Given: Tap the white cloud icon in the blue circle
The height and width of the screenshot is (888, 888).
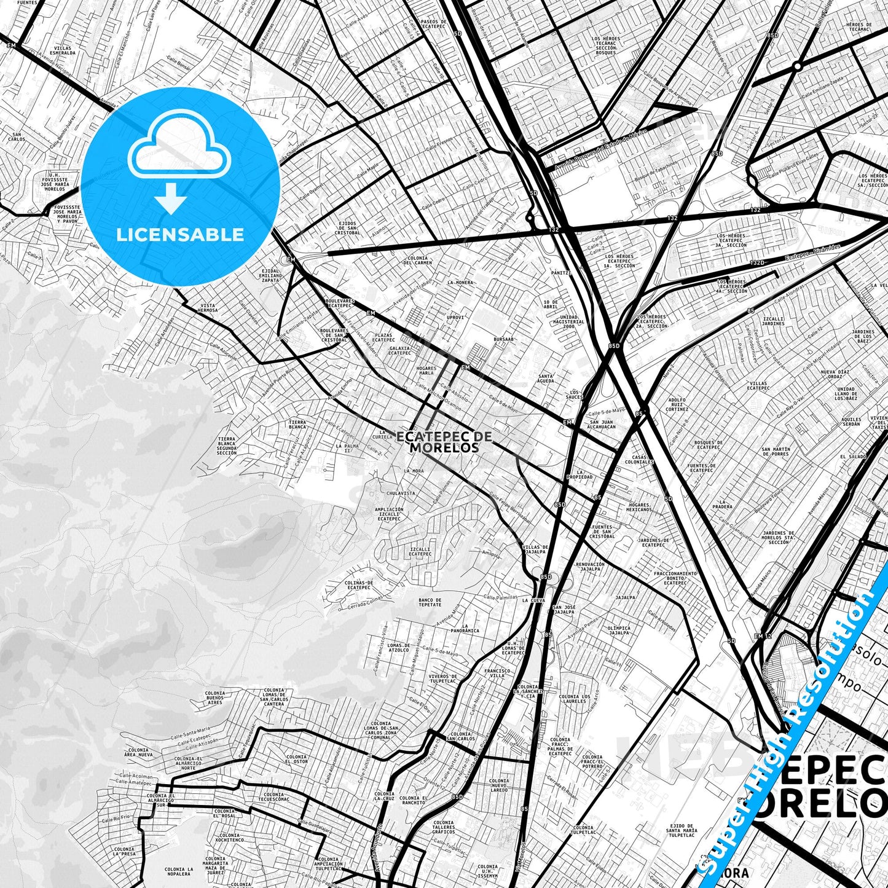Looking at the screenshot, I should (x=179, y=150).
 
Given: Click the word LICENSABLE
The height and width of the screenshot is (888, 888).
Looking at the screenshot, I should (x=180, y=234).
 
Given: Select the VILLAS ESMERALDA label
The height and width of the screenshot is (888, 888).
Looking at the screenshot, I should (x=64, y=50).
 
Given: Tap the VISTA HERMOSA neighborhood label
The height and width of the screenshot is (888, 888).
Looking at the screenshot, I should (x=208, y=308).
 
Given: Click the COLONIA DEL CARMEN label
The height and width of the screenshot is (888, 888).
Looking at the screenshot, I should (x=417, y=260).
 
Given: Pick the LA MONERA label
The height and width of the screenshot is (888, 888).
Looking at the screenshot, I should (x=460, y=283).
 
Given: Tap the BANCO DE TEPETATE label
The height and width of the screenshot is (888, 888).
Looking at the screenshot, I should (x=430, y=602).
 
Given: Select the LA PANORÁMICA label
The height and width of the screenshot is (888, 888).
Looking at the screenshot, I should (x=465, y=629).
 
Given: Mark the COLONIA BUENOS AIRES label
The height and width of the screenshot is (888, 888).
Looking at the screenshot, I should (x=215, y=697).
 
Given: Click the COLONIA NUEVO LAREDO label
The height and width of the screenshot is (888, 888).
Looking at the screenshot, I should (x=499, y=785).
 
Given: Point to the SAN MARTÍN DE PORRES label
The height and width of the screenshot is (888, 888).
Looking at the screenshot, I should (x=776, y=452).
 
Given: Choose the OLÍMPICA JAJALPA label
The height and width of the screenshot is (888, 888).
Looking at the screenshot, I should (x=618, y=631).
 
